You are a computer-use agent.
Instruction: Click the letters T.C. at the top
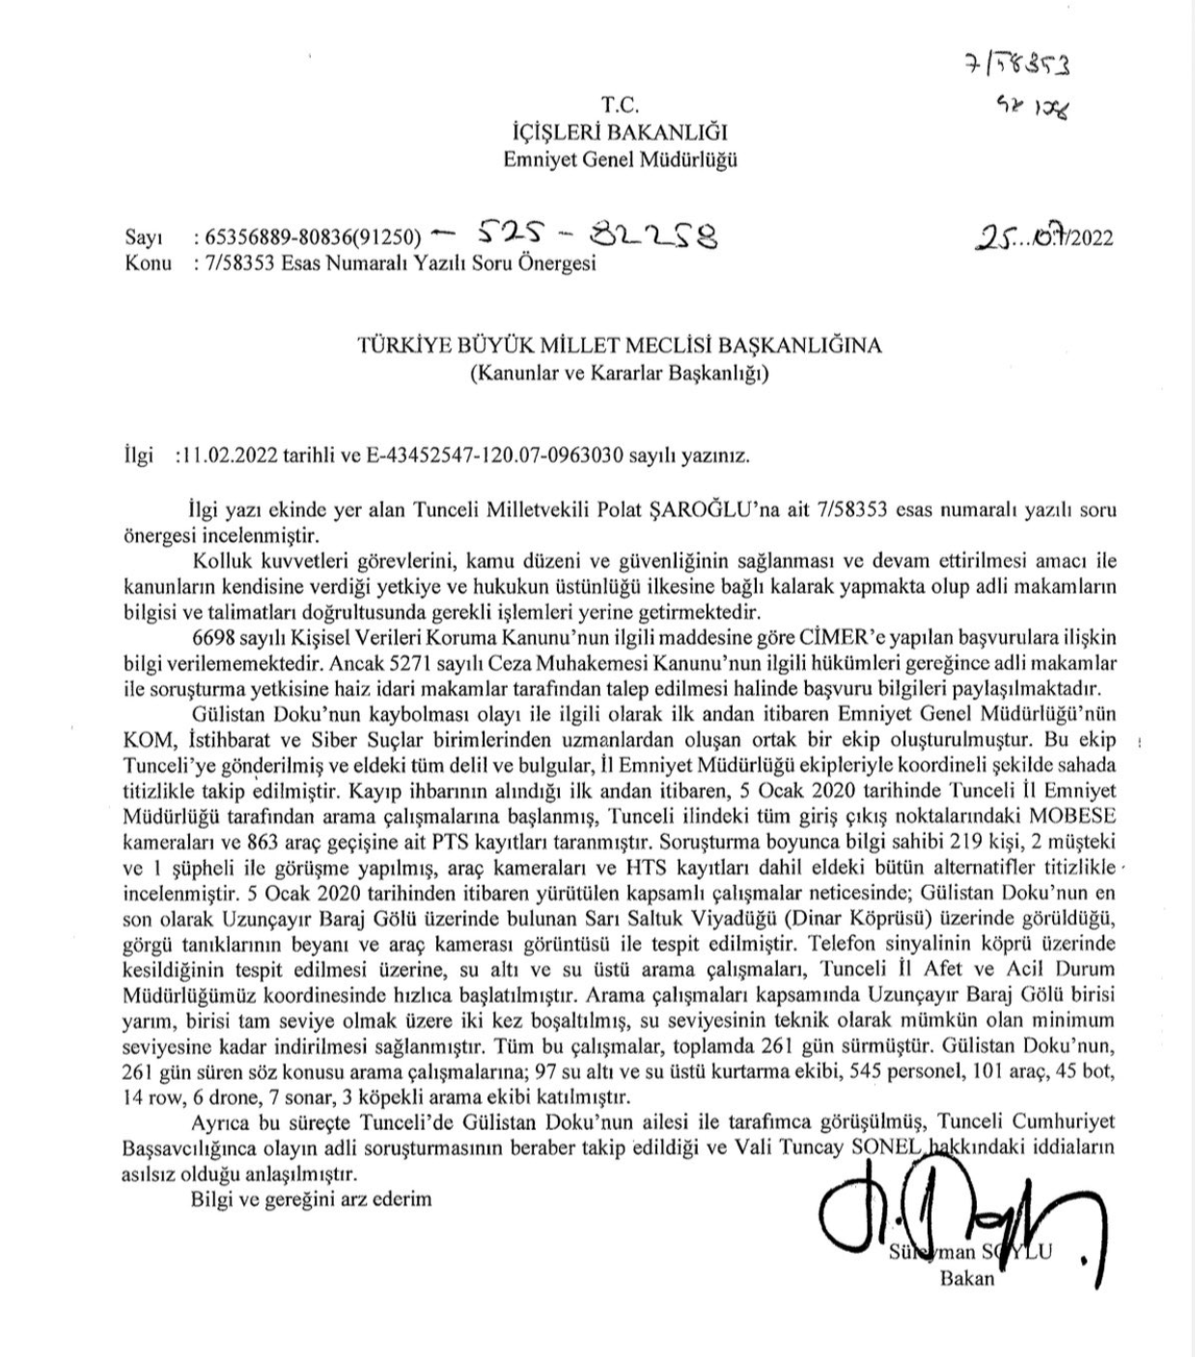pyautogui.click(x=620, y=105)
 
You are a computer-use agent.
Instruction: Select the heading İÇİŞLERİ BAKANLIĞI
pyautogui.click(x=620, y=132)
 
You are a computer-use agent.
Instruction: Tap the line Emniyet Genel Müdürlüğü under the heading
pyautogui.click(x=620, y=159)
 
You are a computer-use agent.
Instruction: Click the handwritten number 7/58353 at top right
pyautogui.click(x=1019, y=66)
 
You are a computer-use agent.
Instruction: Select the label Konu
pyautogui.click(x=147, y=263)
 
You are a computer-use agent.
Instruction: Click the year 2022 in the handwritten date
pyautogui.click(x=1089, y=237)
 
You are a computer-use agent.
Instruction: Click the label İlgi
pyautogui.click(x=139, y=456)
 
